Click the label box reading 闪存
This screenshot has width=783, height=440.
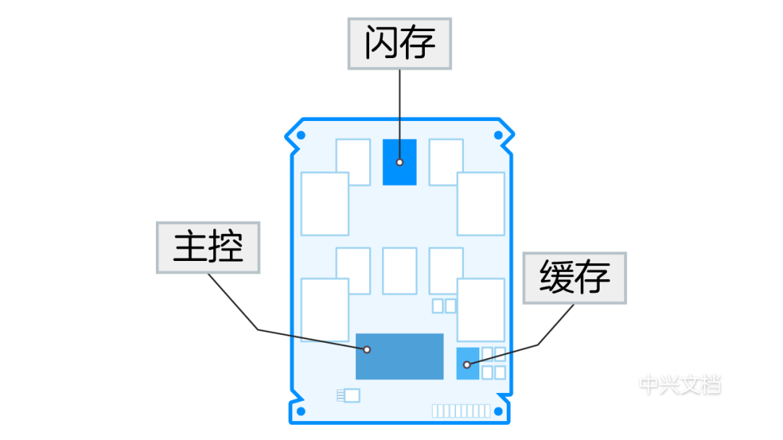click(399, 43)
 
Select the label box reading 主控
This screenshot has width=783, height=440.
click(208, 248)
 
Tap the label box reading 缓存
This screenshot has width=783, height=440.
click(575, 278)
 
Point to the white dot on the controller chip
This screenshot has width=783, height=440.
click(367, 349)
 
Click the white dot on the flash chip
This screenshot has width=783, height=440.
click(399, 162)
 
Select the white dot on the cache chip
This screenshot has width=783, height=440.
click(467, 365)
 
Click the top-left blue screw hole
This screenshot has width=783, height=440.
click(301, 136)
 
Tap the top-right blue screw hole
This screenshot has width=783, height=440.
click(498, 136)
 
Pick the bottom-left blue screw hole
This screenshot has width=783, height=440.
click(301, 412)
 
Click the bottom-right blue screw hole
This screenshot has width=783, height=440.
click(498, 411)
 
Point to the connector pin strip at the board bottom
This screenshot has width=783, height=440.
click(460, 411)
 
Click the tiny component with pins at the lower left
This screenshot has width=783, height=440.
click(349, 395)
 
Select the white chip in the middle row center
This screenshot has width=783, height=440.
click(399, 271)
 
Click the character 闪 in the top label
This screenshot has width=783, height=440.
click(381, 43)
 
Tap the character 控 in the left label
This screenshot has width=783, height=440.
click(225, 248)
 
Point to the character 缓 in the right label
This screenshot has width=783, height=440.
click(557, 278)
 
